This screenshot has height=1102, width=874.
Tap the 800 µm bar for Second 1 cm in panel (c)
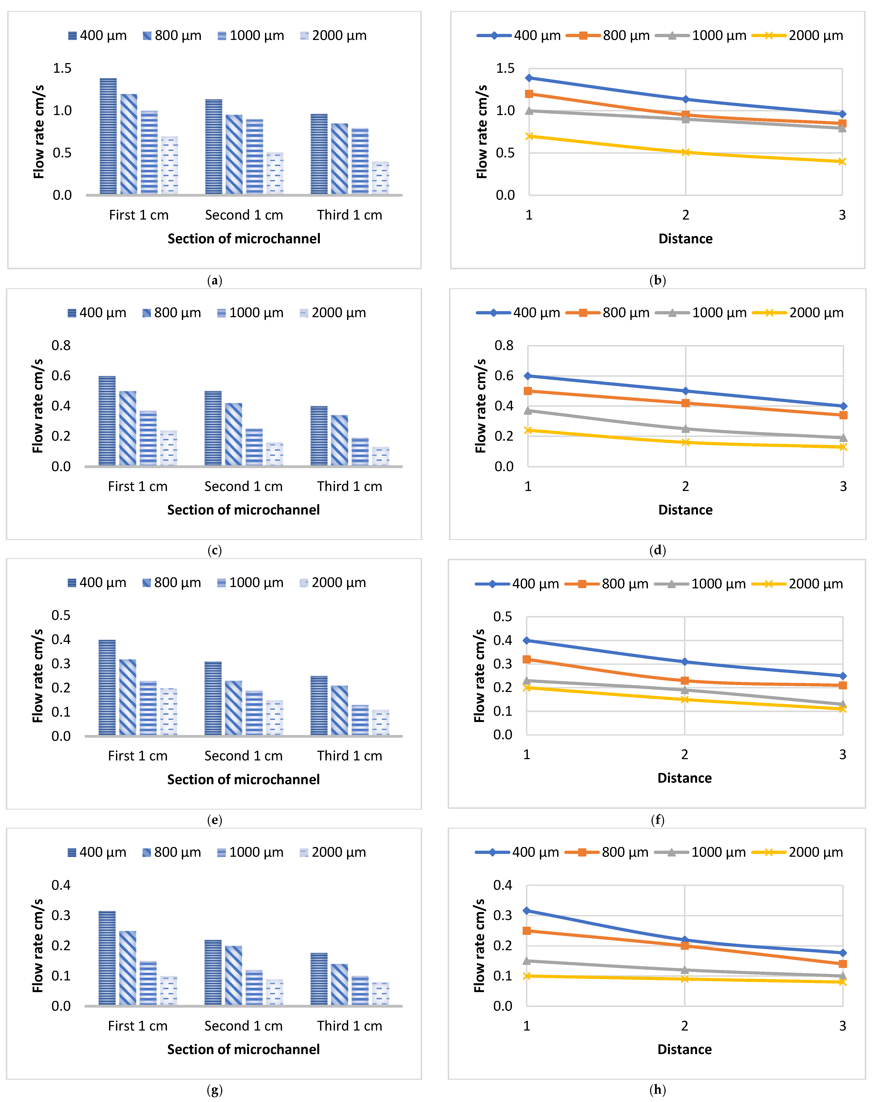point(234,434)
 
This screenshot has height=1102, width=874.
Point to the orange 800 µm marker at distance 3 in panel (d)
point(843,415)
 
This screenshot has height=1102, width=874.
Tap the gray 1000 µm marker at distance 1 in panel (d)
point(528,410)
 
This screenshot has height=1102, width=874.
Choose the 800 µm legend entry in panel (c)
point(172,313)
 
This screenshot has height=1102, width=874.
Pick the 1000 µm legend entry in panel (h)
point(707,852)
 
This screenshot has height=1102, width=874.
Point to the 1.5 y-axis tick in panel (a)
point(62,68)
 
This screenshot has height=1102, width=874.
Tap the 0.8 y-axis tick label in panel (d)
point(504,345)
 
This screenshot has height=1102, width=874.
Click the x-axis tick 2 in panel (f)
point(684,754)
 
